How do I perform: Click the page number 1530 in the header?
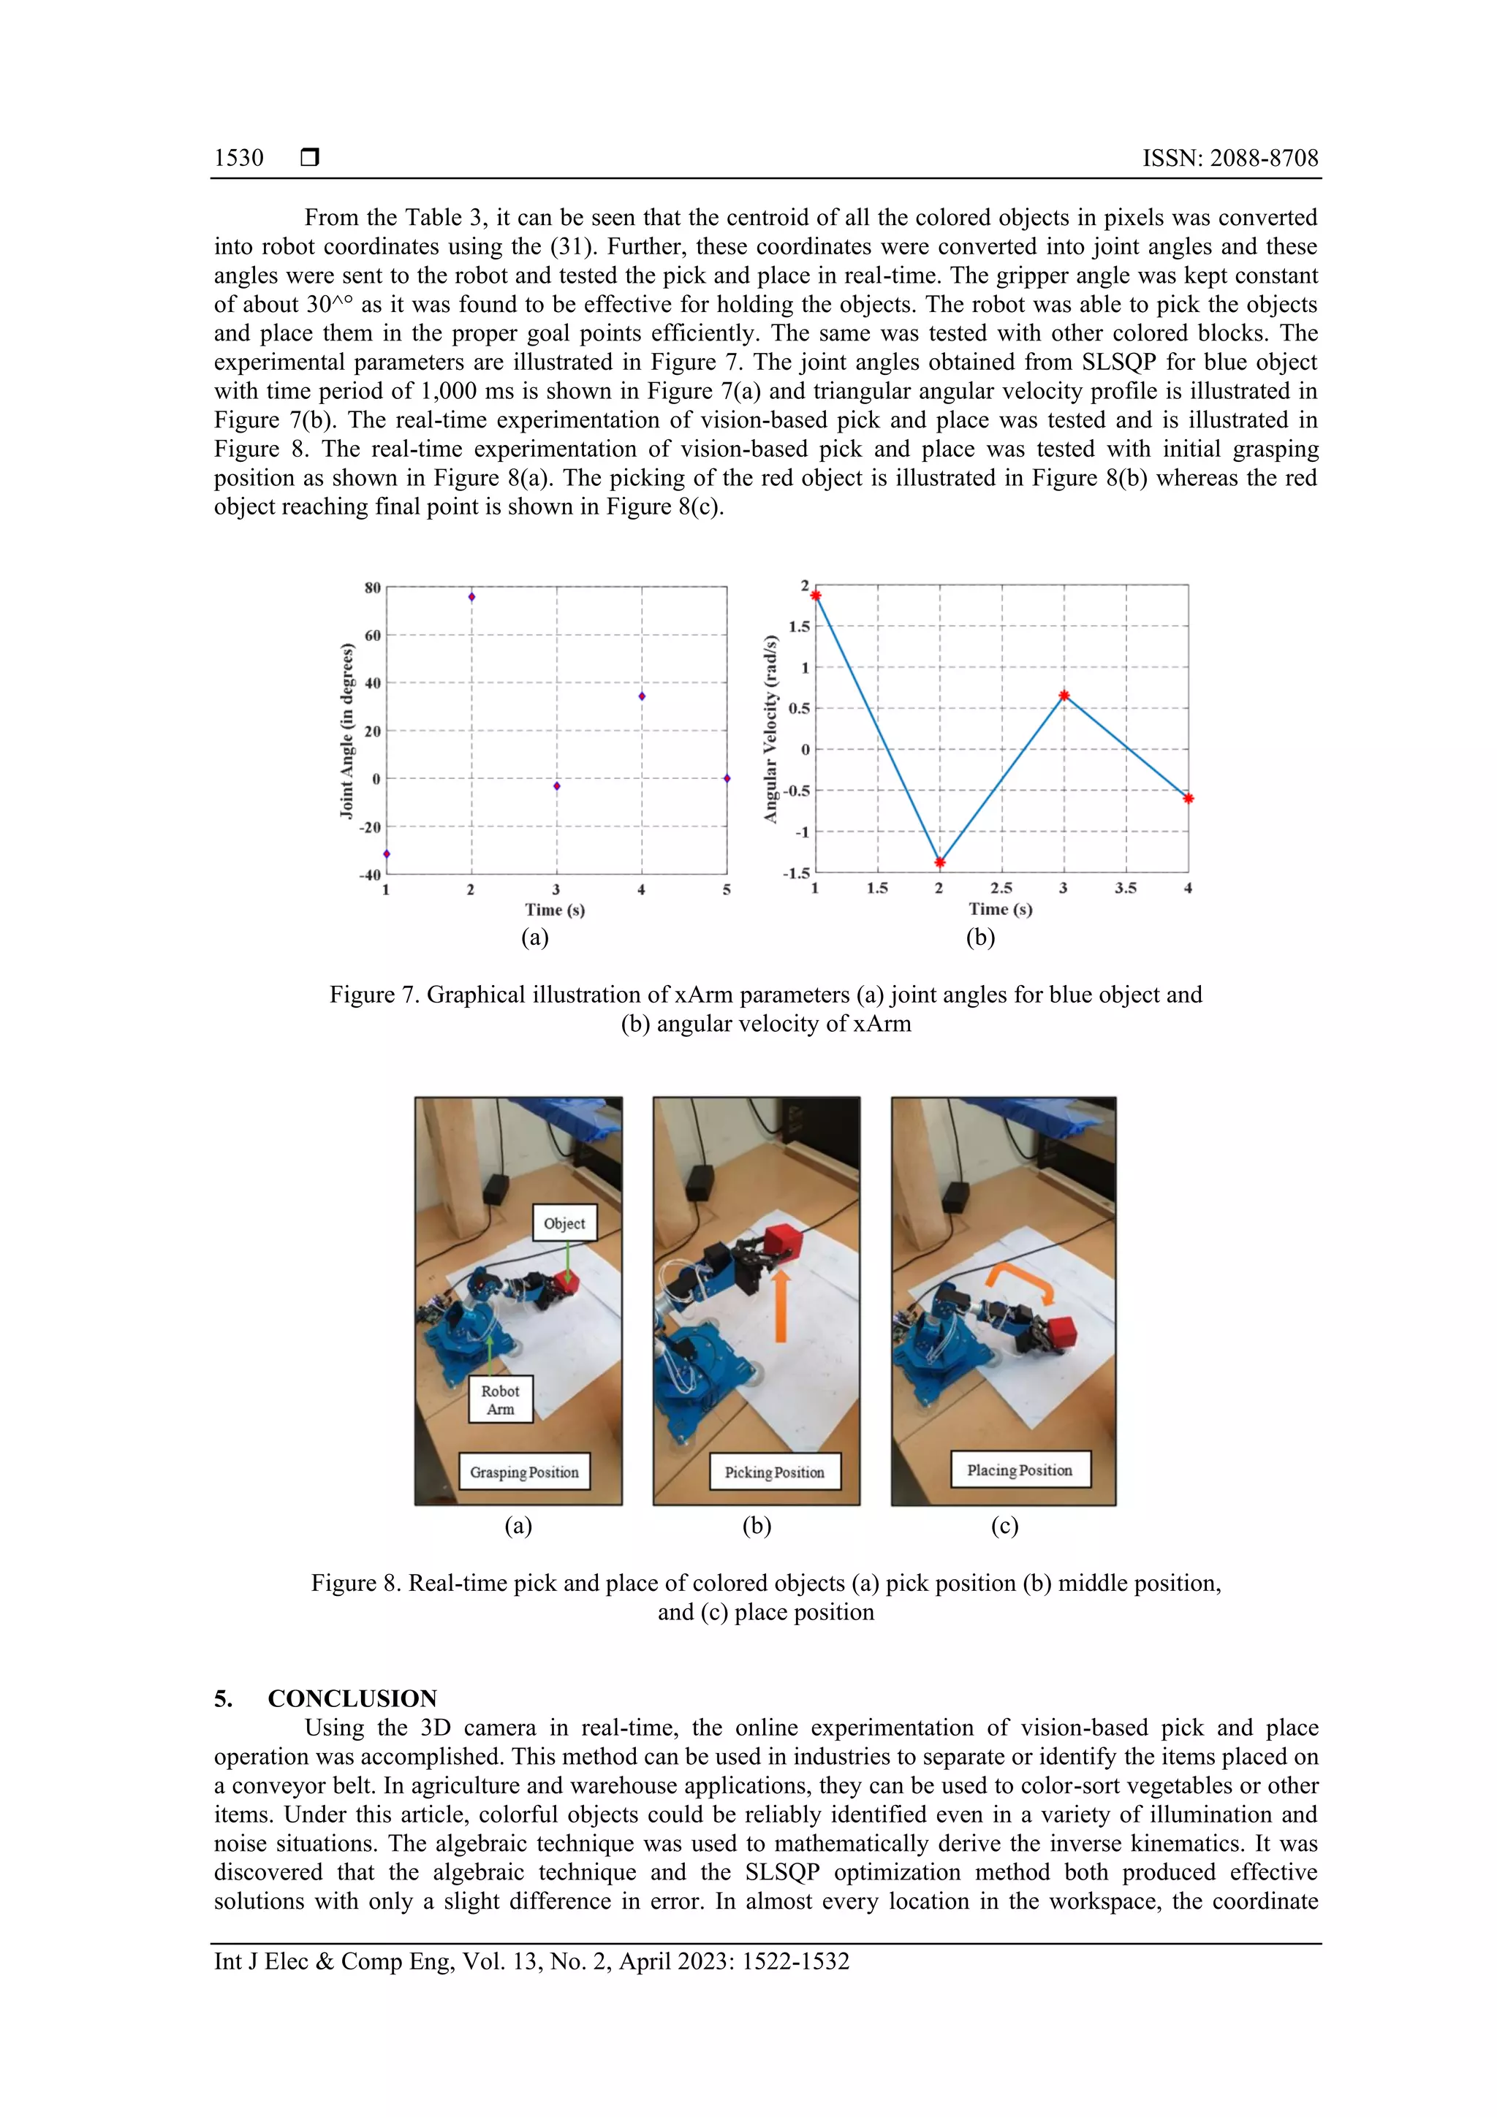238,158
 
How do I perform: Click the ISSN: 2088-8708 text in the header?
1229,158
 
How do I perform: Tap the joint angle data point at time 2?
471,596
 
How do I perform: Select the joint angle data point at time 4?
642,696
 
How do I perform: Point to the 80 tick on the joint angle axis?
372,588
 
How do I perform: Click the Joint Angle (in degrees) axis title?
346,730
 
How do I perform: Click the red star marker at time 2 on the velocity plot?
940,863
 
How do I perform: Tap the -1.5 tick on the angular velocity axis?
796,873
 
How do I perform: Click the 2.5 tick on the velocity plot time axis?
1001,888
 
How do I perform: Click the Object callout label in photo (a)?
564,1223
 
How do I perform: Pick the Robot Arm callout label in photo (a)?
500,1399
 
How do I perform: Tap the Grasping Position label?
524,1472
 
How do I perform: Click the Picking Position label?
774,1472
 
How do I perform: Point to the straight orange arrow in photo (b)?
781,1304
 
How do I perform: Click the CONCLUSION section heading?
352,1698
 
